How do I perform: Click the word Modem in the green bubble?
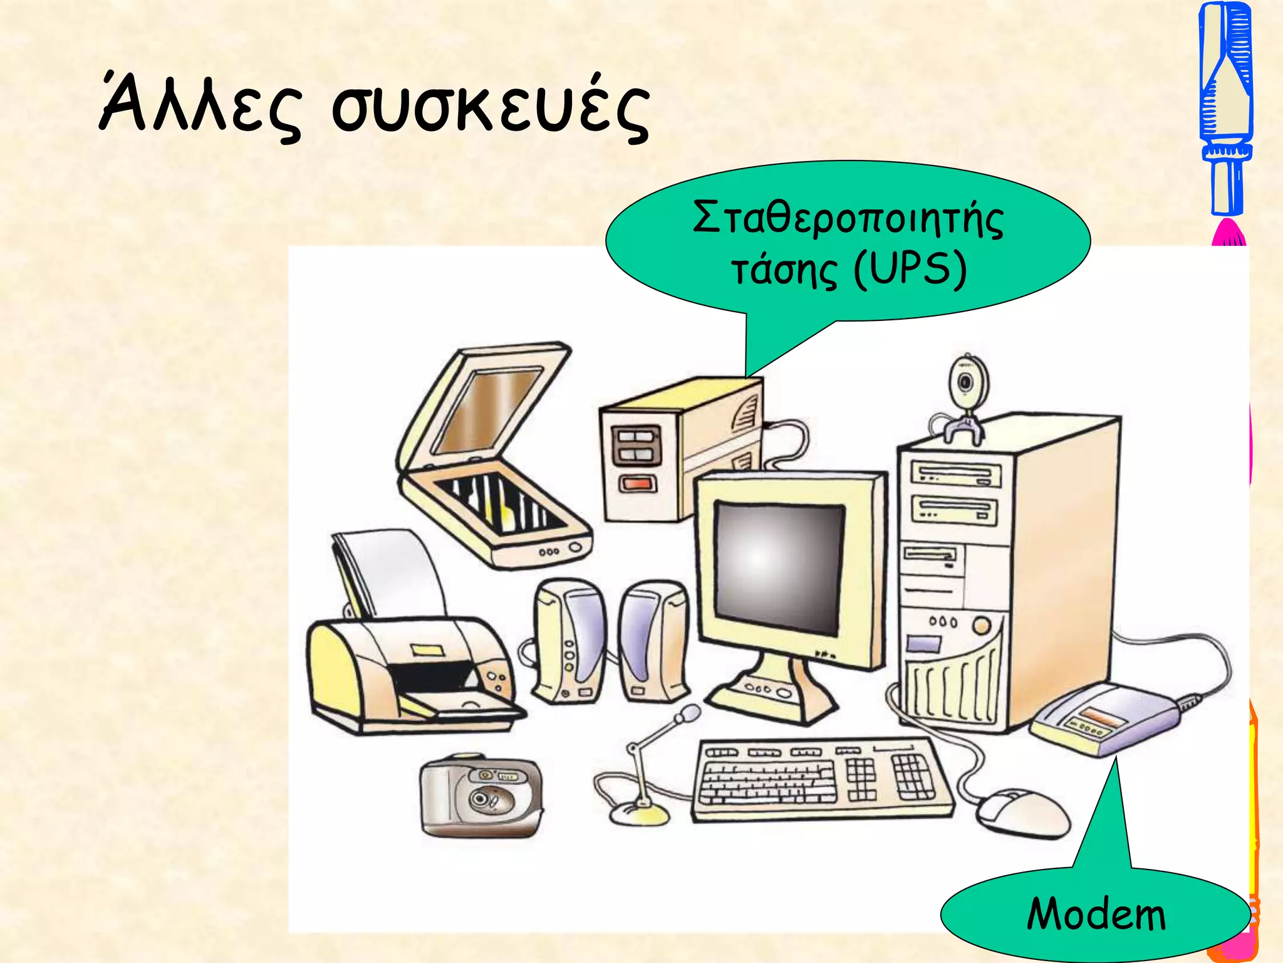tap(1096, 914)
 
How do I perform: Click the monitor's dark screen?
tap(779, 567)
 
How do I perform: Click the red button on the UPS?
tap(638, 483)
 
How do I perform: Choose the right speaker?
tap(653, 639)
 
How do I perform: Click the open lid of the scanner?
tap(486, 408)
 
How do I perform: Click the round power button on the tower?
tap(981, 625)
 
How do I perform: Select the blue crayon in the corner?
tap(1226, 107)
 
